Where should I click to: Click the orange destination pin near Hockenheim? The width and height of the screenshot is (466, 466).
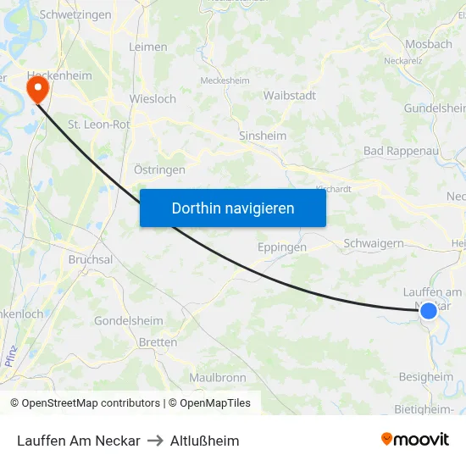coord(37,88)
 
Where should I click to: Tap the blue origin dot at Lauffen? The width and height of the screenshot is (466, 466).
coord(429,311)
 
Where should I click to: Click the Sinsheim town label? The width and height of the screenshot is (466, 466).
coord(263,136)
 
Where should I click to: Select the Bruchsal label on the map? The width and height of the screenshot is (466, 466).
coord(91,259)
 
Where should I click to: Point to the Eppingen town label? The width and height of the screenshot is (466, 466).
coord(281,248)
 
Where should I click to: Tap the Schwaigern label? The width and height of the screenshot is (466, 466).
coord(374,243)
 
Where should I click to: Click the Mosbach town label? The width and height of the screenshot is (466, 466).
coord(429,44)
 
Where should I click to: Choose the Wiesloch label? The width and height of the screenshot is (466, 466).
coord(153,99)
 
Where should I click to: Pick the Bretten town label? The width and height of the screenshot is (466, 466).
coord(158,342)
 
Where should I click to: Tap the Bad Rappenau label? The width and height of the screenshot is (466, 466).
coord(397,151)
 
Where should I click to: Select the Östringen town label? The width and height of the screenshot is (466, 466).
coord(159,169)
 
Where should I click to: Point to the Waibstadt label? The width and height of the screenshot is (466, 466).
coord(290,96)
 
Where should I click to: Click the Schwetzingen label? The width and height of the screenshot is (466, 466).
coord(75,15)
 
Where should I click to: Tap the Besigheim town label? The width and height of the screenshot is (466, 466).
coord(426,377)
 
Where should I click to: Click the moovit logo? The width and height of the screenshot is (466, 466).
coord(415,440)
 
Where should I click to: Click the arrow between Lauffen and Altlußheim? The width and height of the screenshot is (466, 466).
coord(155,441)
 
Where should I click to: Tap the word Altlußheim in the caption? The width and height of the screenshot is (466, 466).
coord(205,441)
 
